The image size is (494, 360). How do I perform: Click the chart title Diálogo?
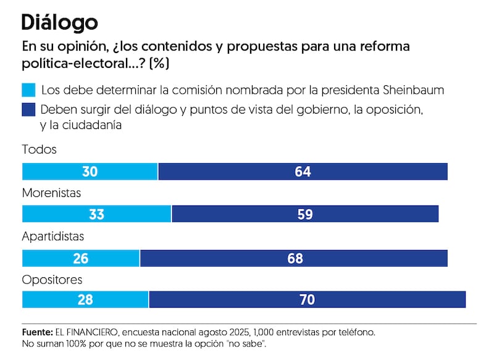[x=59, y=23]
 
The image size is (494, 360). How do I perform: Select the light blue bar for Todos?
[x=90, y=172]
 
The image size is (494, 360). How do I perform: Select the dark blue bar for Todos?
[x=303, y=172]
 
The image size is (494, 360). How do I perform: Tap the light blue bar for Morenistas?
[x=96, y=214]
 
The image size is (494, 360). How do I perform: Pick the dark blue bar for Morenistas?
[x=305, y=214]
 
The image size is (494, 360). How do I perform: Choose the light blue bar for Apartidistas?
[x=81, y=257]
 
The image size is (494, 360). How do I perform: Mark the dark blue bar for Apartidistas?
[x=294, y=257]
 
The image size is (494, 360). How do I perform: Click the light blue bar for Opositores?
[x=85, y=299]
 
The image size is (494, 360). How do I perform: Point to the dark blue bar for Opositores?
[x=307, y=299]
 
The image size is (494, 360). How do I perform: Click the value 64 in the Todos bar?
[x=303, y=172]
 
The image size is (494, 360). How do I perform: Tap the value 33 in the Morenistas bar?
[x=96, y=214]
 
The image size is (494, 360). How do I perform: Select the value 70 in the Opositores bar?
[x=307, y=299]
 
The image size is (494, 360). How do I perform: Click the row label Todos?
[x=39, y=150]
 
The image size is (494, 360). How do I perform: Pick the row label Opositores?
[x=52, y=280]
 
